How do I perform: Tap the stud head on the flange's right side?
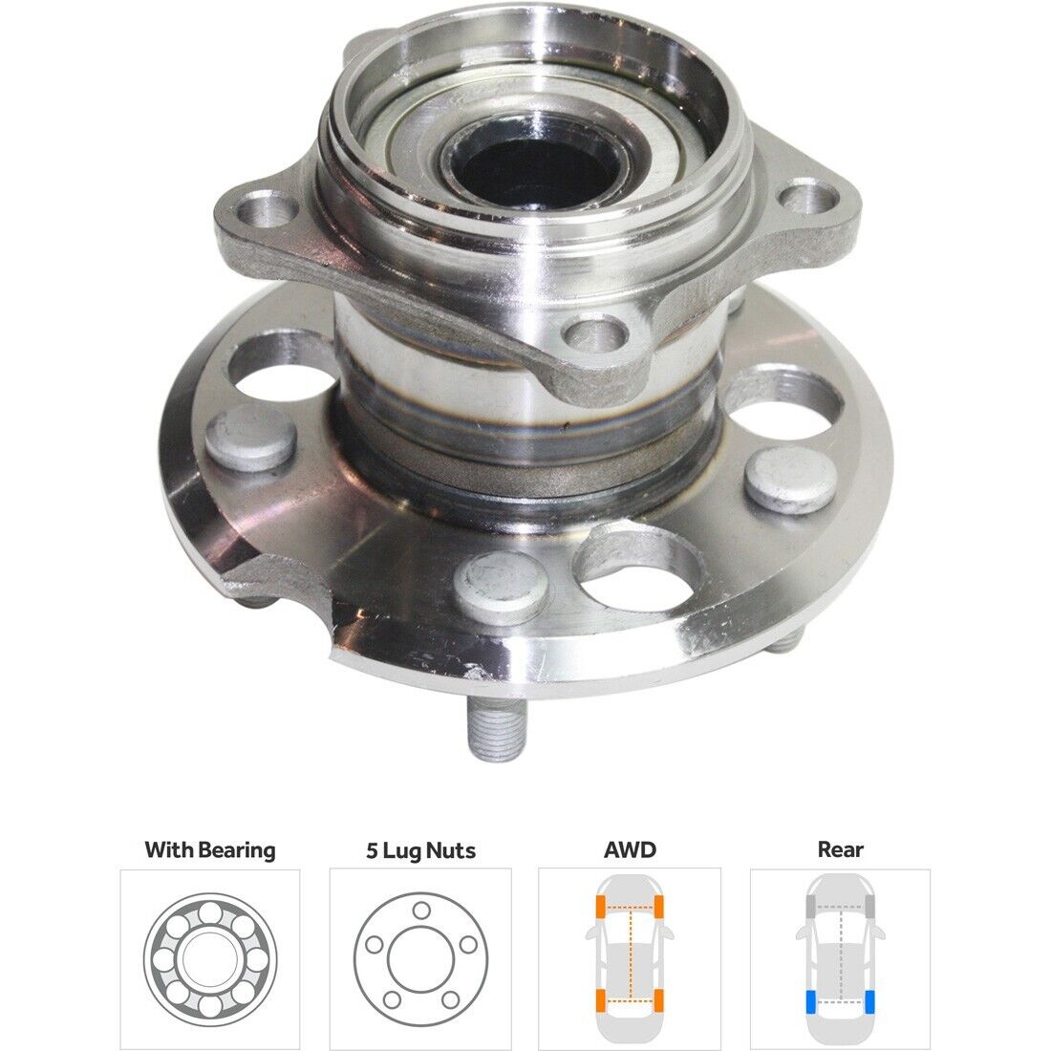coord(790,480)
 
